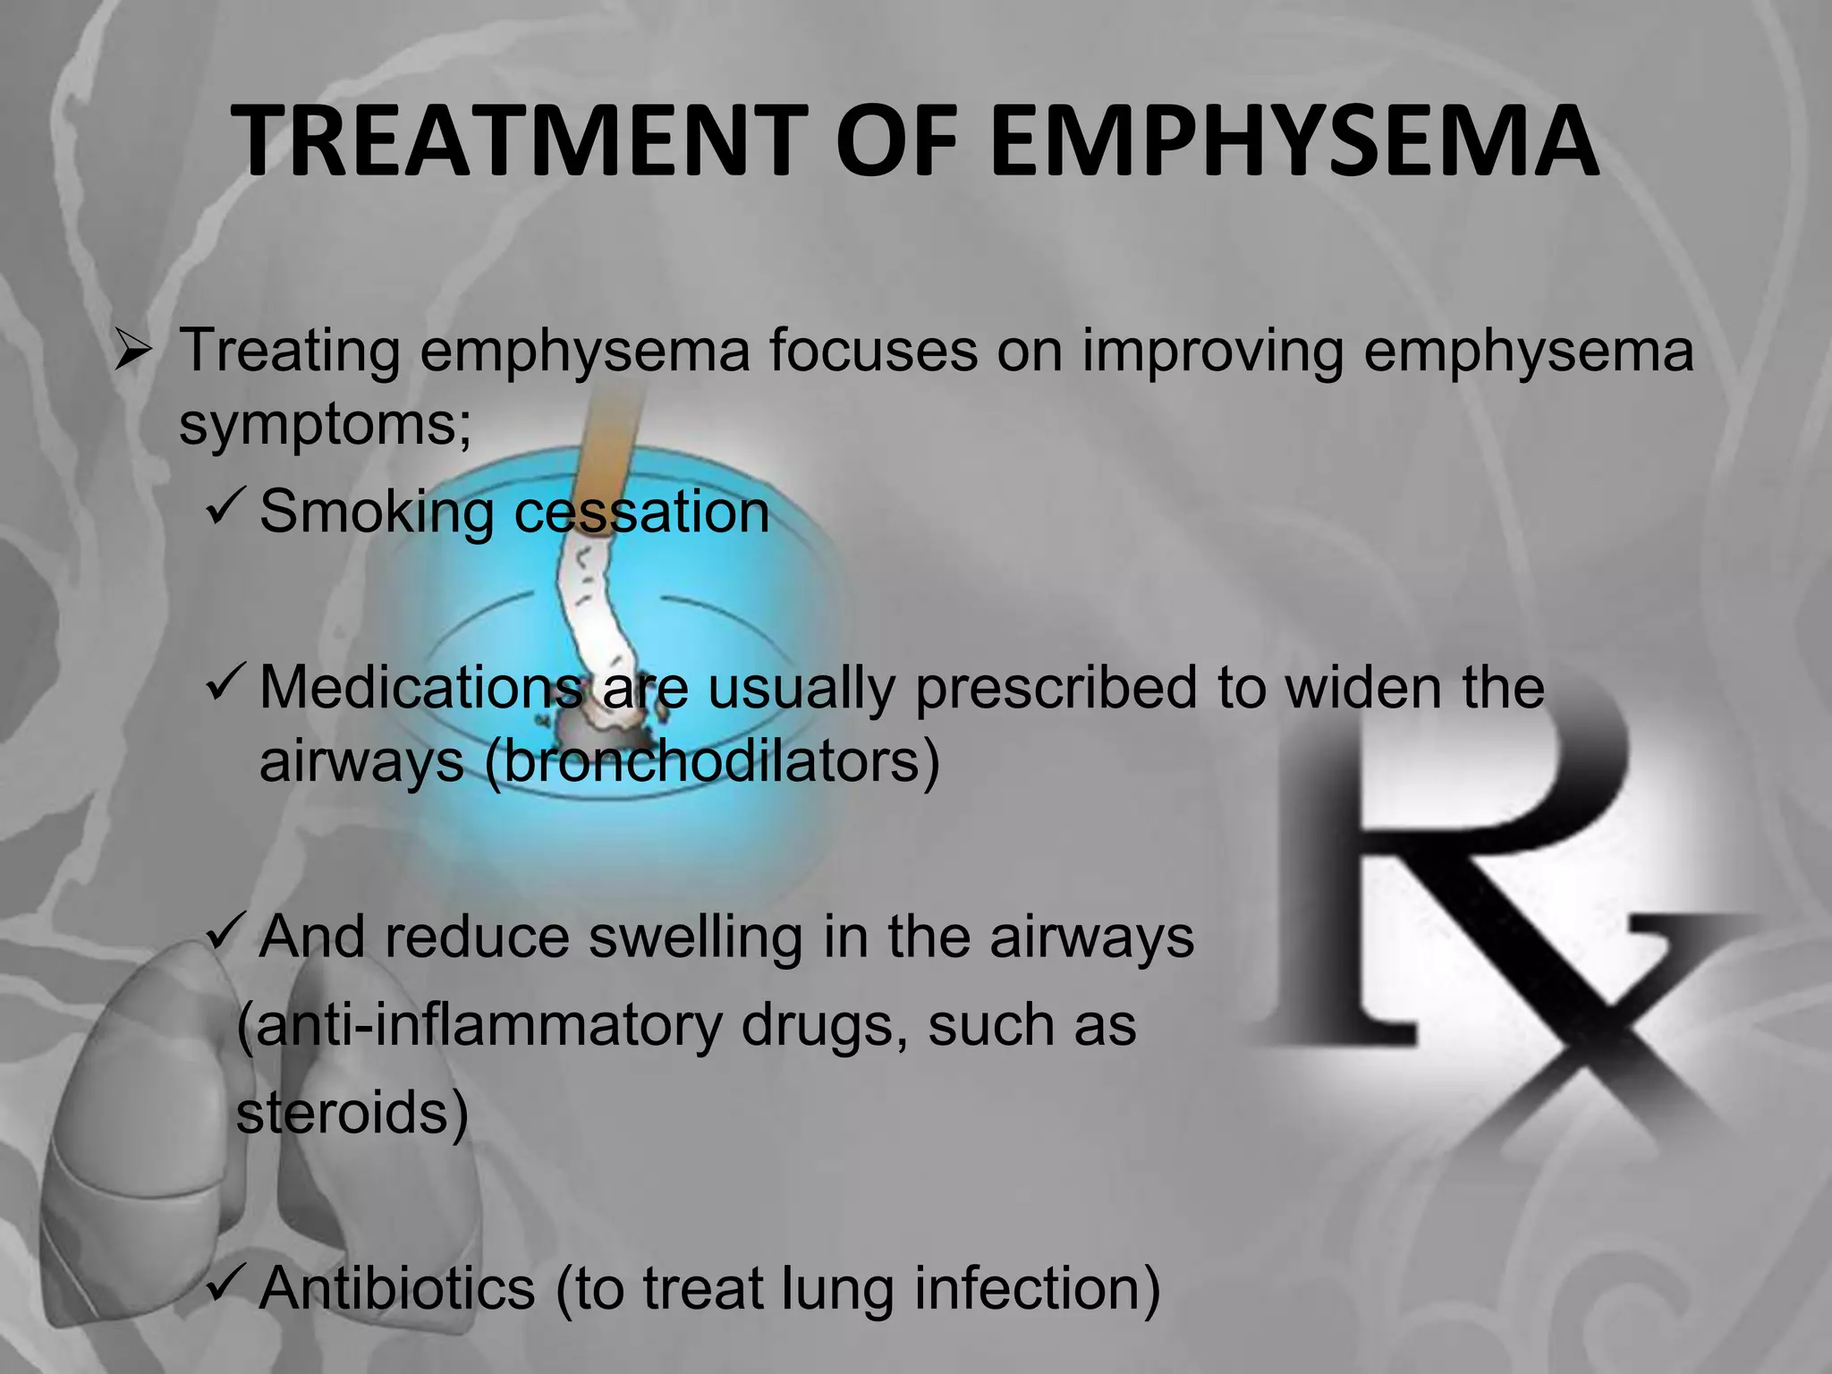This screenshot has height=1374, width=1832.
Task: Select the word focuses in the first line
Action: [873, 351]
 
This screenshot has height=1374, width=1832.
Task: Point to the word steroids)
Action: [352, 1114]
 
